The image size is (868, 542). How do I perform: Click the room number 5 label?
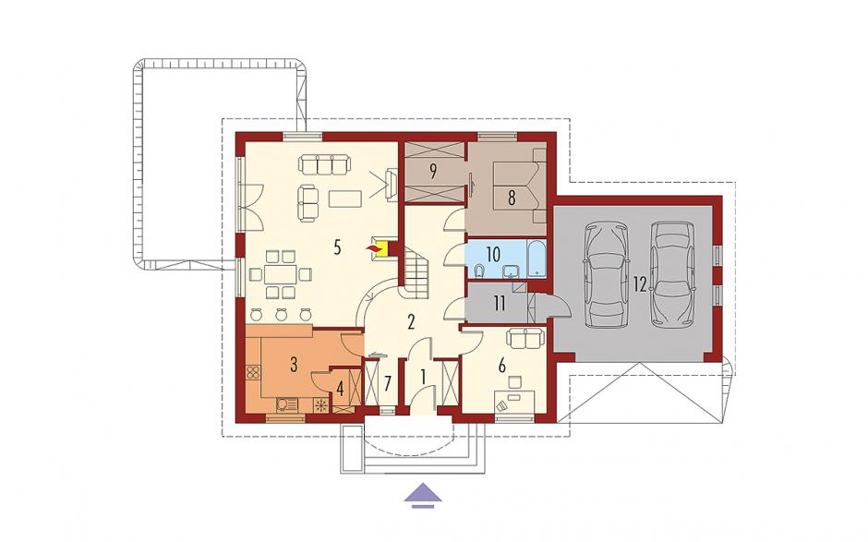point(338,247)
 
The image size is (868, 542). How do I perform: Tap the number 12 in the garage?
point(640,284)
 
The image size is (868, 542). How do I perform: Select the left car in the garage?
point(607,275)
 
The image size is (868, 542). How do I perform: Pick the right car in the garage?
point(672,273)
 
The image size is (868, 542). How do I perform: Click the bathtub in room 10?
point(536,258)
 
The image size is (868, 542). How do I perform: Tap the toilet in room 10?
point(480,271)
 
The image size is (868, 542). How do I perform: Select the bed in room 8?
point(519,187)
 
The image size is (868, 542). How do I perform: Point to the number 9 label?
point(433,171)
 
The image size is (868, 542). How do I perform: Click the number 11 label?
point(500,303)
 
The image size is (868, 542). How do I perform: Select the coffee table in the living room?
point(344,199)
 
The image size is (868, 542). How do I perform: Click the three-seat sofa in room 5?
point(324,164)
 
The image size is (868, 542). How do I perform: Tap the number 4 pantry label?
point(340,390)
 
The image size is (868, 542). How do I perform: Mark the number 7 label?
point(388,382)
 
